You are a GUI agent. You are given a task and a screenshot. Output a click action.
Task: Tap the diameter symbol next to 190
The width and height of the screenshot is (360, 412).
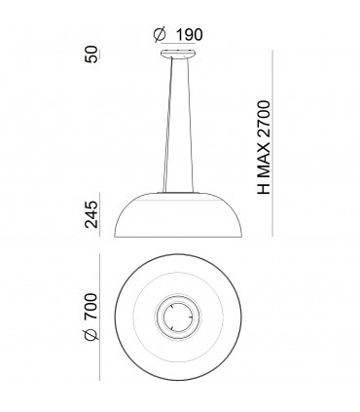click(x=161, y=36)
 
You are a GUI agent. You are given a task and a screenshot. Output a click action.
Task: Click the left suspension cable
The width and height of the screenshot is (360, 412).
click(x=168, y=127)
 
